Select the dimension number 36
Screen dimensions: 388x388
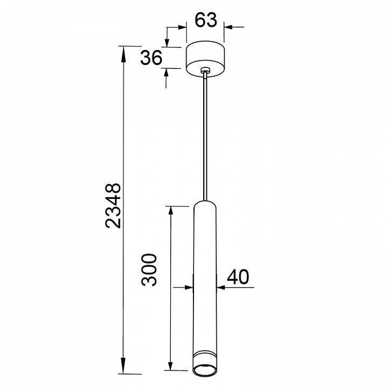tap(151, 58)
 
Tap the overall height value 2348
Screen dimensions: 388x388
tap(113, 205)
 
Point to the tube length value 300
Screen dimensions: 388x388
tap(149, 270)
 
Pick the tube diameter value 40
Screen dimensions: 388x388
tap(238, 277)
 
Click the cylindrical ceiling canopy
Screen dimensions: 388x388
tap(205, 59)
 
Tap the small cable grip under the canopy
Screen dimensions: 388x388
tap(205, 70)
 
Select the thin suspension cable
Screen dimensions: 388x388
tap(205, 136)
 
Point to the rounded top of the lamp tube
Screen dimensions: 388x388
tap(205, 204)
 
